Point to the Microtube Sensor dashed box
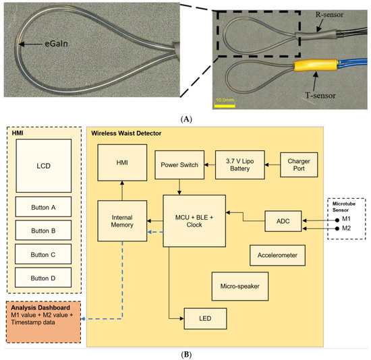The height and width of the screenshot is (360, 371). coord(347,218)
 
